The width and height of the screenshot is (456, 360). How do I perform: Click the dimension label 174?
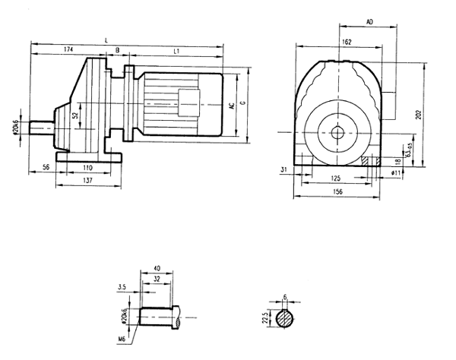click(69, 49)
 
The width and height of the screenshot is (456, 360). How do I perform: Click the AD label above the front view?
click(369, 23)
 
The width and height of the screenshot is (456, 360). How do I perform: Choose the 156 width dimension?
click(337, 193)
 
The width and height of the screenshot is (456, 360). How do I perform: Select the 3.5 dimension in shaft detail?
click(122, 287)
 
